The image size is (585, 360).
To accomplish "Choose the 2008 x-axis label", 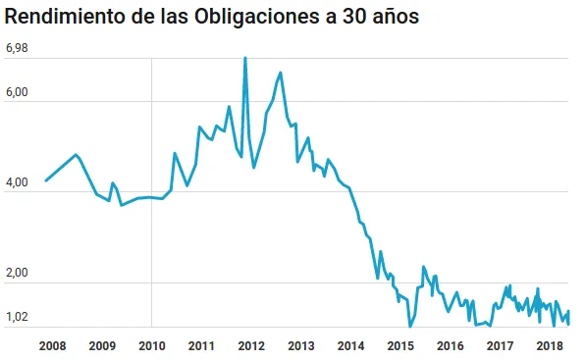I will coord(52,345).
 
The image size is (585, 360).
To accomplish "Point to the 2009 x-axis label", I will coord(102,345).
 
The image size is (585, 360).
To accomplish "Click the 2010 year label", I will coord(151,345).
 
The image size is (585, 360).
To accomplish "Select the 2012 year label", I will coord(251,345).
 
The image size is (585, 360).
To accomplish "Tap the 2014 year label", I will coord(350,345).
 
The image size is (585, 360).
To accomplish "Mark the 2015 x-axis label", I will coord(400,345).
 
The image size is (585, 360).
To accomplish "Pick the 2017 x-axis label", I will coord(500,345).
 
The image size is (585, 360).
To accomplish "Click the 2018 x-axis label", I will coord(550,345).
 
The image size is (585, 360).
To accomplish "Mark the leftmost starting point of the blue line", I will coord(46,180).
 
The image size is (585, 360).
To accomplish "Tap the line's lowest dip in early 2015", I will coord(409,326).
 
